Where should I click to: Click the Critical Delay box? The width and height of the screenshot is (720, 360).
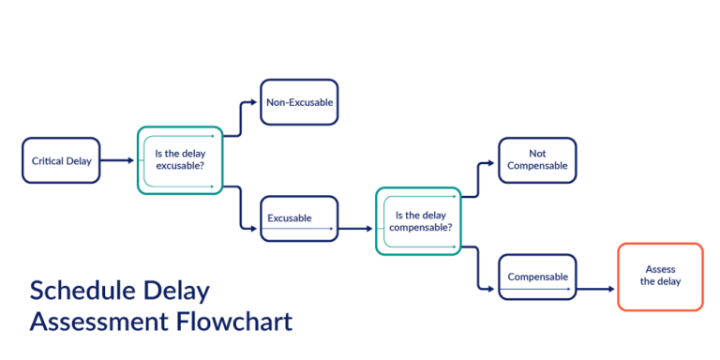[x=61, y=160]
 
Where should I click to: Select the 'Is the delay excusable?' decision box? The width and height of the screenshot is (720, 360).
[x=180, y=160]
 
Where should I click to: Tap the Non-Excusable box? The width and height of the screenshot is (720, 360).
[x=298, y=102]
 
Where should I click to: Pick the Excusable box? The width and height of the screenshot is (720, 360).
[x=298, y=218]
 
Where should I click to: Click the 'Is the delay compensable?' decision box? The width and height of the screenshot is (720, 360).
[x=419, y=220]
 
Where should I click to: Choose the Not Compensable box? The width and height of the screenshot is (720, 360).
[x=537, y=160]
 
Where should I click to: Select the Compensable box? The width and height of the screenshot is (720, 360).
[x=537, y=277]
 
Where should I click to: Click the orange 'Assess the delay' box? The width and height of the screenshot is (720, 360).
[x=659, y=277]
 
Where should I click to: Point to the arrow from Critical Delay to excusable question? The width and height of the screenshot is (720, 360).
[x=118, y=160]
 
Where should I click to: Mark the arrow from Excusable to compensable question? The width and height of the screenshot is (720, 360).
[x=356, y=228]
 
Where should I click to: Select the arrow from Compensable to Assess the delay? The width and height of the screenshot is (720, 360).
[x=597, y=291]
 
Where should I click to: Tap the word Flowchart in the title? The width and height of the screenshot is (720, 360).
[x=234, y=322]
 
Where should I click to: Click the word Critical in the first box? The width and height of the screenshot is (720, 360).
[x=47, y=160]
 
